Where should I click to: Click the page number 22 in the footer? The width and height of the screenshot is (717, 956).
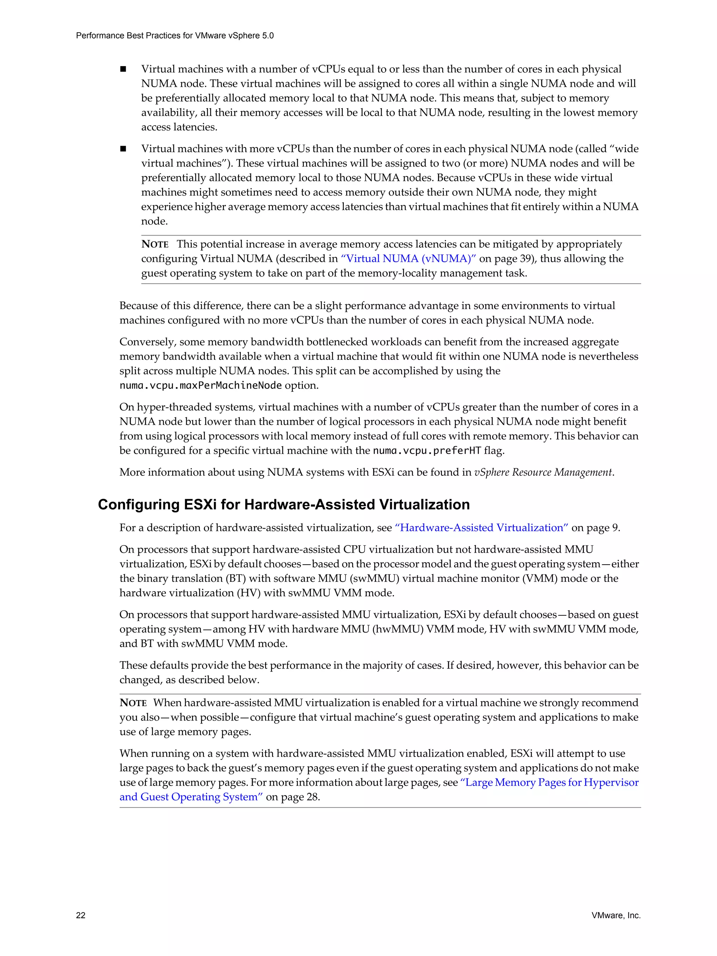tap(81, 915)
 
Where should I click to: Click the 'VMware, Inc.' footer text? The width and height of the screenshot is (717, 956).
tap(616, 915)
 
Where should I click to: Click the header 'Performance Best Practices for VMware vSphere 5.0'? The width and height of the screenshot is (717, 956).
tap(175, 35)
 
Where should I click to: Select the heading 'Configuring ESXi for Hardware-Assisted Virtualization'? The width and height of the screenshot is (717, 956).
tap(284, 504)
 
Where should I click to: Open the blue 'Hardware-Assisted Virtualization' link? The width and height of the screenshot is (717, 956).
tap(481, 528)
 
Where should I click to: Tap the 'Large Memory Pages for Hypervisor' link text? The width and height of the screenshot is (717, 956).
tap(549, 782)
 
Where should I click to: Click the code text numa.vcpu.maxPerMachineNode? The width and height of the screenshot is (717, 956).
tap(201, 385)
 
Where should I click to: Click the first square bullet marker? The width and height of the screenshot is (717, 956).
tap(123, 69)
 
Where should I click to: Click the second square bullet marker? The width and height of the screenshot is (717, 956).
tap(123, 149)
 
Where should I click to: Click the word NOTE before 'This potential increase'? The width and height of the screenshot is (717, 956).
tap(155, 244)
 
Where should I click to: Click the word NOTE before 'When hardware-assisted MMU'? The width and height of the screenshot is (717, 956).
tap(133, 703)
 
